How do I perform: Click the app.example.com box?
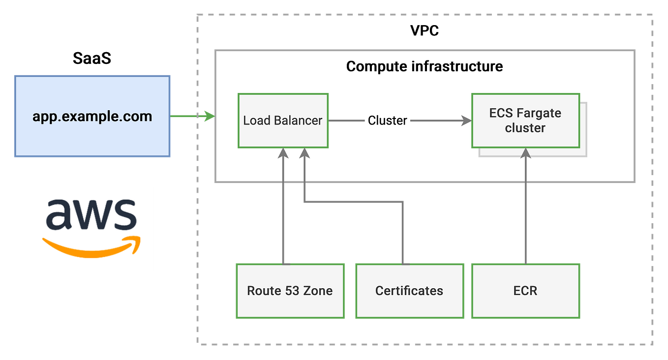(x=92, y=117)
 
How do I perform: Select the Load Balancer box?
(x=283, y=120)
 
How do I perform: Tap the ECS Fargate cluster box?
(x=525, y=120)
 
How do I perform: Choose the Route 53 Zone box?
(x=290, y=291)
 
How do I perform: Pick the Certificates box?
(x=409, y=291)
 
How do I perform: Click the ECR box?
(x=525, y=291)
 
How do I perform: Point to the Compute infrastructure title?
(x=425, y=66)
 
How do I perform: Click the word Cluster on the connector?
(x=387, y=120)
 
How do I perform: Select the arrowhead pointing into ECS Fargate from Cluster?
(x=466, y=120)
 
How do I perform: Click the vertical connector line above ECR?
(x=525, y=221)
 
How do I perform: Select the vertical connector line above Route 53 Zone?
(x=283, y=221)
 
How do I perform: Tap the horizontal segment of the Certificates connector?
(x=354, y=201)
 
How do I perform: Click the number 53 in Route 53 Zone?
(x=292, y=291)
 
